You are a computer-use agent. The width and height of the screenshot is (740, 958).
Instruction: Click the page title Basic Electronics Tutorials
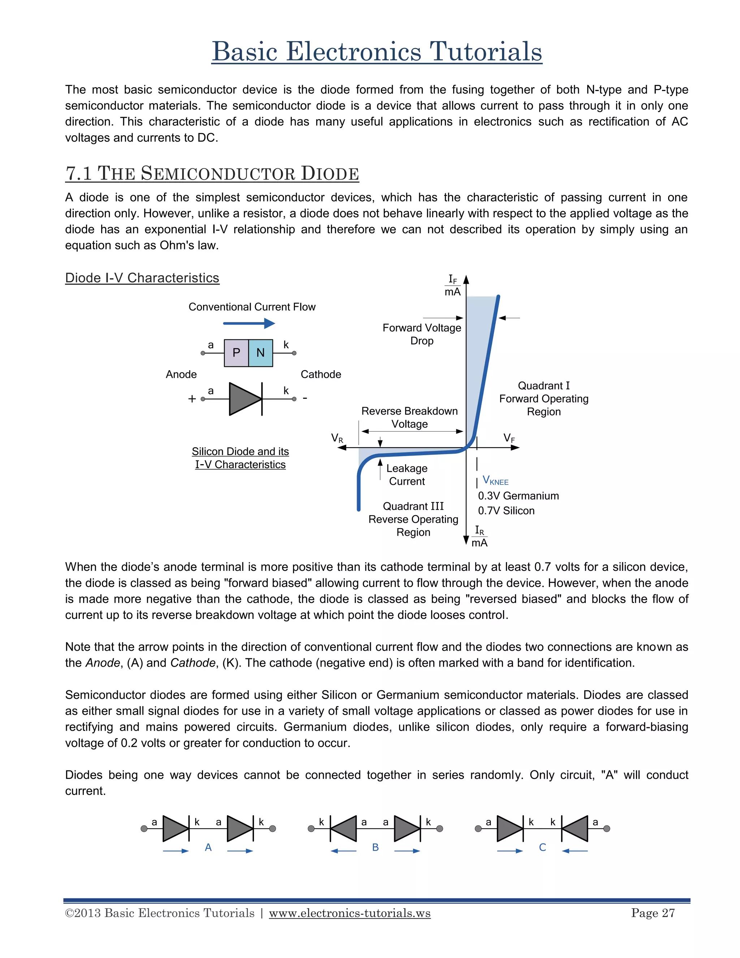(x=377, y=52)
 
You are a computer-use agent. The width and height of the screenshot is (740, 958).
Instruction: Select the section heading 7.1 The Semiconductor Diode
(x=212, y=173)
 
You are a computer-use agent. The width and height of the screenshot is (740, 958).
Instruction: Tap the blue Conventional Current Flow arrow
(x=249, y=324)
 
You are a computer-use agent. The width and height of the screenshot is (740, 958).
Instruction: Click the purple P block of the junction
(x=236, y=353)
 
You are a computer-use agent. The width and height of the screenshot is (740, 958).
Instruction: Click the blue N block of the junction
(x=261, y=353)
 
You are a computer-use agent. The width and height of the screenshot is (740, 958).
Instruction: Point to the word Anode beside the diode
(x=181, y=374)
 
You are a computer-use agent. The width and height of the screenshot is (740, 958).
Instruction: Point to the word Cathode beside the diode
(x=320, y=374)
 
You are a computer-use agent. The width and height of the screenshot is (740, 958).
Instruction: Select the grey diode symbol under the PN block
(x=245, y=399)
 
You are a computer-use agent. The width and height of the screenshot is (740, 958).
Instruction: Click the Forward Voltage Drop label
(x=422, y=334)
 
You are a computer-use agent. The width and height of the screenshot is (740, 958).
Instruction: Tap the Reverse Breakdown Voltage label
(x=409, y=417)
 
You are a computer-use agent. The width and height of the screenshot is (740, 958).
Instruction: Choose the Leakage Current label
(x=407, y=475)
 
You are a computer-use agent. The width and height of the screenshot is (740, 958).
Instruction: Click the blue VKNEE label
(x=495, y=480)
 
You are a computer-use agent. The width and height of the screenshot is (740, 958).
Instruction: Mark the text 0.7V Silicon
(x=506, y=510)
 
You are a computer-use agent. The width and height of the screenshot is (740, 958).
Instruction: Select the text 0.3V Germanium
(x=518, y=496)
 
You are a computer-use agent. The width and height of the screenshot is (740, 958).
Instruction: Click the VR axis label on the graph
(x=337, y=438)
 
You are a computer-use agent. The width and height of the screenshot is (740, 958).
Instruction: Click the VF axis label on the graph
(x=509, y=438)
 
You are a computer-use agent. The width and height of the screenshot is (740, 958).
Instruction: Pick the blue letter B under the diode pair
(x=375, y=847)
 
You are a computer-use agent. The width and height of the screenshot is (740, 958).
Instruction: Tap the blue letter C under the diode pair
(x=542, y=847)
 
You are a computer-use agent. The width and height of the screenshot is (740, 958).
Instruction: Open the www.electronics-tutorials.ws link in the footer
(x=349, y=913)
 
